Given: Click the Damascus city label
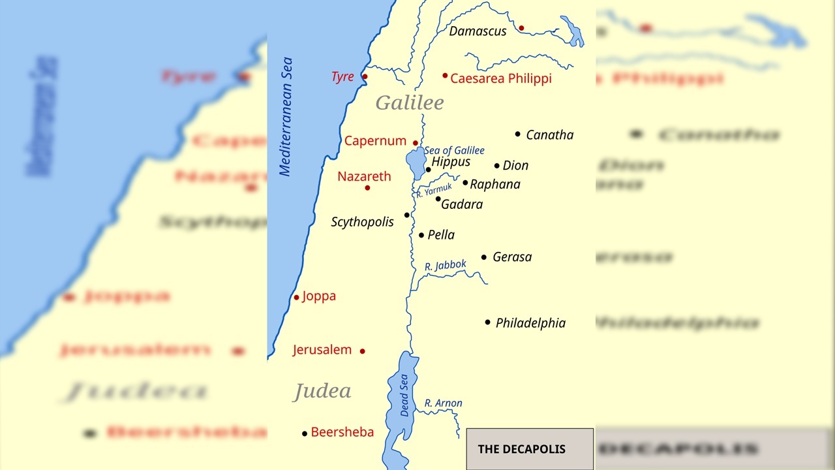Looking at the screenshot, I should click(x=478, y=31).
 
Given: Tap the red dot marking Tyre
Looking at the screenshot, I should click(x=365, y=77).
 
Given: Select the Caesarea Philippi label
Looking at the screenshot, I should click(x=500, y=78).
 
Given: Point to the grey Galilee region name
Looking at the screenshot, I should click(x=410, y=102).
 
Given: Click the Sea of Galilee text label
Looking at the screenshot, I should click(x=455, y=151).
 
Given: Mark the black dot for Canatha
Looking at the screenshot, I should click(x=518, y=134).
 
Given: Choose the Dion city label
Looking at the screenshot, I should click(x=515, y=166).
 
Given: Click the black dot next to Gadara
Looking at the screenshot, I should click(x=438, y=199).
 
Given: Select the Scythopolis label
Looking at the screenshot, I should click(x=362, y=222).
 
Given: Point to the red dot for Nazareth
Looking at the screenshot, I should click(x=367, y=188).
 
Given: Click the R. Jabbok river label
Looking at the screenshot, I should click(x=446, y=266).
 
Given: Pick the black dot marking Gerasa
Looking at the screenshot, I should click(x=484, y=257).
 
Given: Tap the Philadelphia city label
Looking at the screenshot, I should click(x=530, y=323).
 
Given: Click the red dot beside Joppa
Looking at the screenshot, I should click(x=296, y=298).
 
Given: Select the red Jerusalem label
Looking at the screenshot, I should click(x=322, y=350).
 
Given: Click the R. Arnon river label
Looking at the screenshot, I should click(x=443, y=403).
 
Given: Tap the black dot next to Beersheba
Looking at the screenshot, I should click(x=305, y=433).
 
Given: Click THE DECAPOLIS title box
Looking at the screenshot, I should click(x=530, y=449).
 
